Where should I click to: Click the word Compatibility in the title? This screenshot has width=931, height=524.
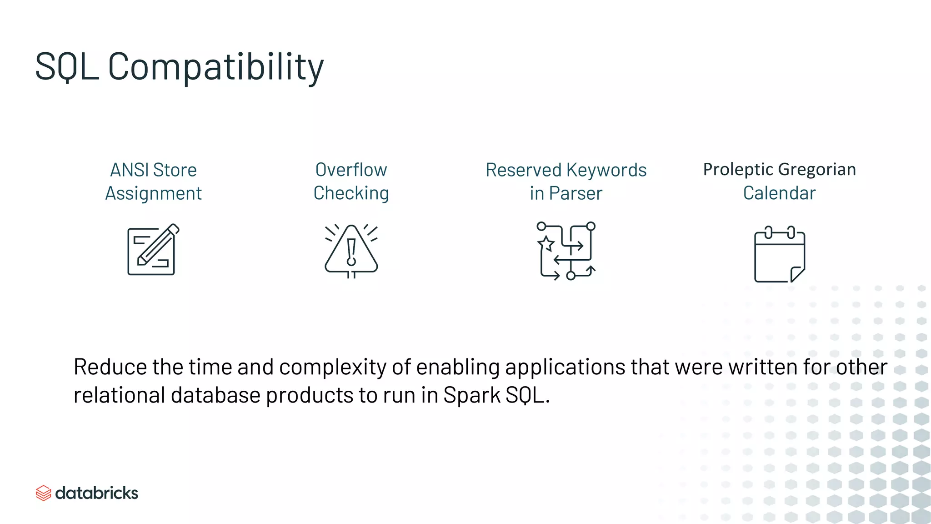coord(215,67)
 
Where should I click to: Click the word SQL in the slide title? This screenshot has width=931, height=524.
coord(67,67)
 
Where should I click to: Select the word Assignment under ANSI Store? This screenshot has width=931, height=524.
coord(154,193)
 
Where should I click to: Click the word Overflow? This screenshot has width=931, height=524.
coord(351,170)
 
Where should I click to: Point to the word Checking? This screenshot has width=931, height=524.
coord(351,193)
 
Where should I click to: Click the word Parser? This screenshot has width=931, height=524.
coord(576,193)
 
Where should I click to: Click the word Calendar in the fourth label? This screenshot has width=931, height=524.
coord(779,193)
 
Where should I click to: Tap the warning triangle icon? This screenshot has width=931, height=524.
coord(351,251)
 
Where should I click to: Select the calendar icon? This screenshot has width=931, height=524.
coord(779,254)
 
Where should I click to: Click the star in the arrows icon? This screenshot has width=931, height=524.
coord(546,243)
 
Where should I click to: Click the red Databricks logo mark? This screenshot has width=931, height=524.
coord(43,493)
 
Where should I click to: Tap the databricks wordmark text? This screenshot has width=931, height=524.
coord(96,493)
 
